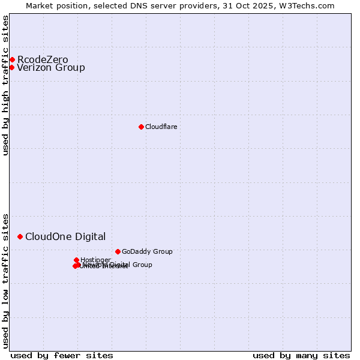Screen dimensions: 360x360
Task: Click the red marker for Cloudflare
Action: click(x=141, y=127)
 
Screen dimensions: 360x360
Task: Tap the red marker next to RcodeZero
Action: click(x=12, y=59)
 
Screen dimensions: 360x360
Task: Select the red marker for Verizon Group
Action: click(x=11, y=67)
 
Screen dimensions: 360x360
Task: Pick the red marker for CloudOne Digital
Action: click(x=20, y=236)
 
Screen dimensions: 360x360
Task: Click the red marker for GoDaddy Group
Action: click(x=118, y=251)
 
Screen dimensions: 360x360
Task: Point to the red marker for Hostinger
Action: click(x=76, y=260)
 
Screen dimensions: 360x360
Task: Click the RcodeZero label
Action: click(x=43, y=59)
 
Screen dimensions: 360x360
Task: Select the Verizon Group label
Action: click(x=51, y=67)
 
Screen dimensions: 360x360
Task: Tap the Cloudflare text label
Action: click(x=161, y=127)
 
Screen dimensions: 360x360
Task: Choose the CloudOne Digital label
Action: click(x=65, y=236)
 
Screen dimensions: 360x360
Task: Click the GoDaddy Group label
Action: click(x=147, y=251)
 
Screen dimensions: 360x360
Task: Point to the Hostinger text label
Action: click(x=95, y=260)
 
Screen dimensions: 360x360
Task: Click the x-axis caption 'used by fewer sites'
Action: click(x=62, y=355)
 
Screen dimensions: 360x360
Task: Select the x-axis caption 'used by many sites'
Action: click(x=301, y=355)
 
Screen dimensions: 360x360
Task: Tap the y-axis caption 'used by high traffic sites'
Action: click(x=6, y=85)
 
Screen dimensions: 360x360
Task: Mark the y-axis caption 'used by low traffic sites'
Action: click(x=6, y=280)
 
